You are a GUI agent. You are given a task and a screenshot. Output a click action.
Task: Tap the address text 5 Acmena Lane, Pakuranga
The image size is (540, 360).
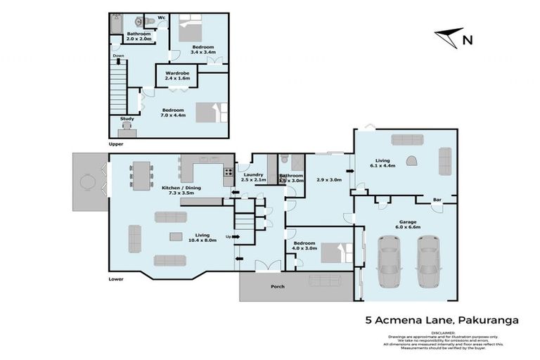[x=442, y=319]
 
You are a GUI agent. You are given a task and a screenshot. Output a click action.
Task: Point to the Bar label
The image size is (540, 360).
[x=436, y=200]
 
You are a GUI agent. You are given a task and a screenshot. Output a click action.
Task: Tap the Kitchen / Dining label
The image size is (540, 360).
[x=181, y=189]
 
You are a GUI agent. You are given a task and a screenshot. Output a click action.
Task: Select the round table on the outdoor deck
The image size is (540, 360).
[x=88, y=183]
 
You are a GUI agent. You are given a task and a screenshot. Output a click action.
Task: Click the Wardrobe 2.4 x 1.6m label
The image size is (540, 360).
[x=175, y=75]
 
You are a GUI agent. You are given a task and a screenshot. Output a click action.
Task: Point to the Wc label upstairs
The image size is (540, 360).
[x=161, y=18]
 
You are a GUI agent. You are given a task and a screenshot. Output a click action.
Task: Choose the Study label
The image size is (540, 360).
[x=127, y=119]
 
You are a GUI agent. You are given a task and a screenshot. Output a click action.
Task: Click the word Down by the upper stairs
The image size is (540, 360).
[x=119, y=56]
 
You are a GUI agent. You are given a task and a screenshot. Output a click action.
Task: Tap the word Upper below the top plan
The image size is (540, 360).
[x=116, y=143]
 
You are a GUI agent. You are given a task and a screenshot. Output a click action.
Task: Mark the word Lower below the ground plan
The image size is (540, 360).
[x=117, y=278]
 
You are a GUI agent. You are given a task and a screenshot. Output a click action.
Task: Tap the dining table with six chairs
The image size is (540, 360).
[x=141, y=174]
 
